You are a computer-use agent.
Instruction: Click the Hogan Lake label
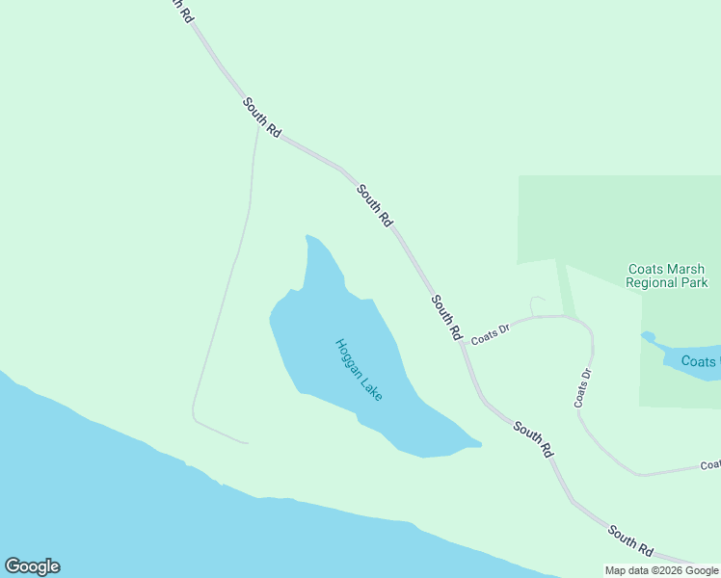tap(359, 370)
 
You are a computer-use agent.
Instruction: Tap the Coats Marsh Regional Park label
tap(667, 276)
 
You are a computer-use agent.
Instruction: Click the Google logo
tap(32, 566)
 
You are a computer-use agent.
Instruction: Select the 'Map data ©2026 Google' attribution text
tap(661, 570)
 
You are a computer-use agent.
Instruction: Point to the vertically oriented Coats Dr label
tap(582, 388)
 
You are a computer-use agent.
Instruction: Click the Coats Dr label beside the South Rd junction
tap(490, 333)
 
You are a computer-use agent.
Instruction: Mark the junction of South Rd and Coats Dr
tap(464, 343)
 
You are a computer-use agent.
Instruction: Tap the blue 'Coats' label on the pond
tap(700, 361)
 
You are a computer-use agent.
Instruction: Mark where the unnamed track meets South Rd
tap(258, 125)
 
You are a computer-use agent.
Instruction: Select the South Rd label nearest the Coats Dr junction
tap(446, 317)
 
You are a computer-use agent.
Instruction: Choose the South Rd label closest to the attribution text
tap(630, 540)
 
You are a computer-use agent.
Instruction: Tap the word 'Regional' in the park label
tap(654, 283)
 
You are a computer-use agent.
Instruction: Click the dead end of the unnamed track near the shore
tap(248, 443)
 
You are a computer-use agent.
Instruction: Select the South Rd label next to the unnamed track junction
tap(261, 118)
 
